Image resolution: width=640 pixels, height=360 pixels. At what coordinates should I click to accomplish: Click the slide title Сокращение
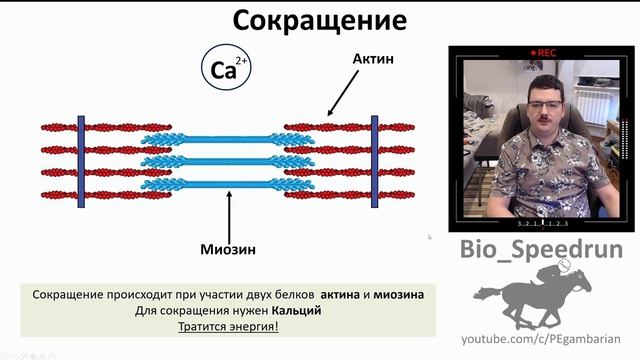tap(320, 20)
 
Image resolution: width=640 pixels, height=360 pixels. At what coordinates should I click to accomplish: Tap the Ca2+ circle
tap(225, 69)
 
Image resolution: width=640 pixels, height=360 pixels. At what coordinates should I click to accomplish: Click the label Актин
tap(373, 59)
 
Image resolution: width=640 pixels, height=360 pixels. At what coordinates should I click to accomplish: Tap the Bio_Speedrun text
tap(541, 250)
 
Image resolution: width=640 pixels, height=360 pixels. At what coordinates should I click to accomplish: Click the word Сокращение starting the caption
tap(71, 296)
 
